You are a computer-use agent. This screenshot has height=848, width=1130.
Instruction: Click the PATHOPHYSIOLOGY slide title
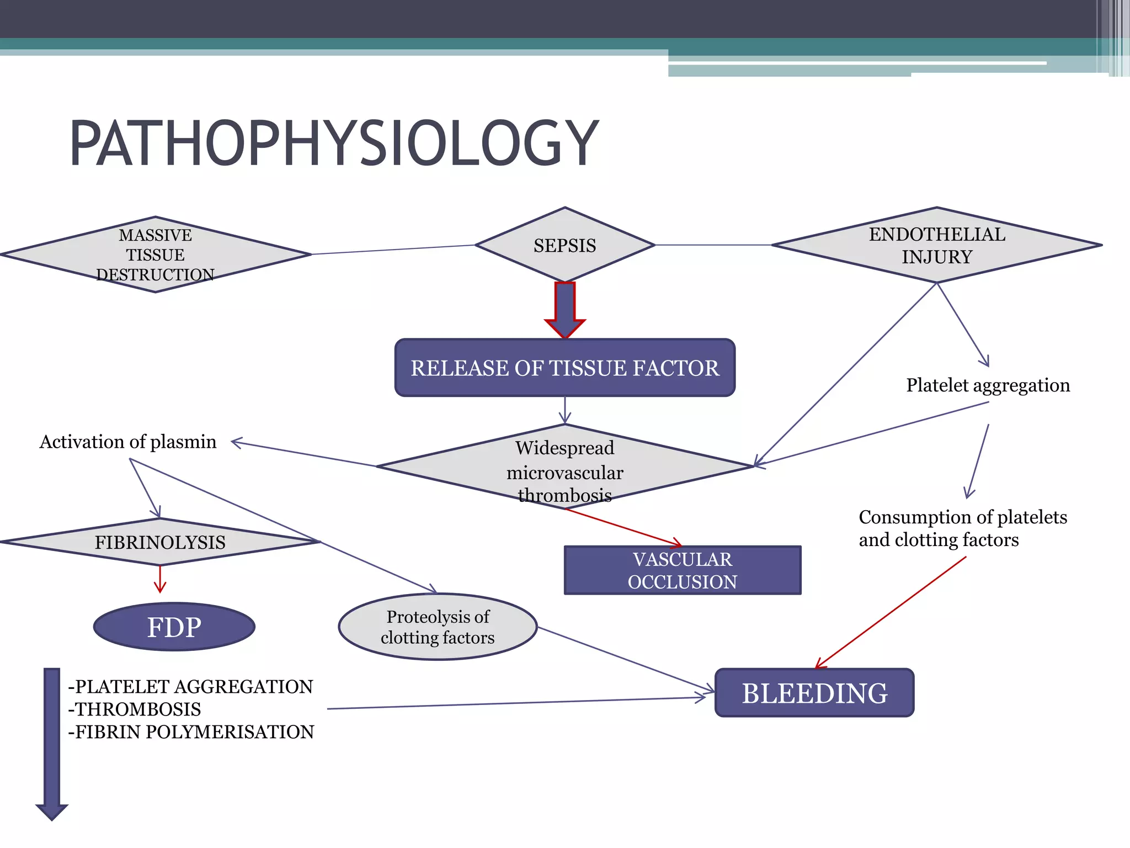point(334,144)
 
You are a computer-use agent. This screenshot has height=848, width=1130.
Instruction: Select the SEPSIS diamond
point(564,245)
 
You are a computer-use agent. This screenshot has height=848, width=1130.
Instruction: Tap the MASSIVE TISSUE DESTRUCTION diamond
point(156,255)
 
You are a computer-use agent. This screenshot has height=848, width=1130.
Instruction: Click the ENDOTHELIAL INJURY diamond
point(936,245)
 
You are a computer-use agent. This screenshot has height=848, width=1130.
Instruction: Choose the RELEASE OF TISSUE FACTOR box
point(564,368)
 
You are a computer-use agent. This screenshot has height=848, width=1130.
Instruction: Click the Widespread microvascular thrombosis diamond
point(564,467)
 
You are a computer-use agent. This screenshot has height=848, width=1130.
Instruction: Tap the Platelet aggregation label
point(988,385)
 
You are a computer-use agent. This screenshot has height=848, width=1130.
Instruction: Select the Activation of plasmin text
point(128,442)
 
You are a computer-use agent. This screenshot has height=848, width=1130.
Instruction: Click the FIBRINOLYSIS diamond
point(160,542)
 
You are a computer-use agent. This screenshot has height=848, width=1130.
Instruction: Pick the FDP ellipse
point(174,627)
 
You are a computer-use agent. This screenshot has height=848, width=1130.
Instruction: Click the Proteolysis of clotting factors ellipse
point(438,627)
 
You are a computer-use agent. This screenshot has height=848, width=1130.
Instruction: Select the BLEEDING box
point(814,693)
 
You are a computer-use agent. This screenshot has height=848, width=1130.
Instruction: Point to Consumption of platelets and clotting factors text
point(963,528)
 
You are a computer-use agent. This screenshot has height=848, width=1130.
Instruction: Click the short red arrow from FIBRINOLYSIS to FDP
point(160,579)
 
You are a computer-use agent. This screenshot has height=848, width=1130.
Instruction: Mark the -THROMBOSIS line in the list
point(135,709)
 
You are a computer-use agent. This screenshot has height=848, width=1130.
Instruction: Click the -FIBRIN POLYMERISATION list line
point(191,732)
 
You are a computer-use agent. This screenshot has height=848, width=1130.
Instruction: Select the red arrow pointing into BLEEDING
point(891,612)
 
